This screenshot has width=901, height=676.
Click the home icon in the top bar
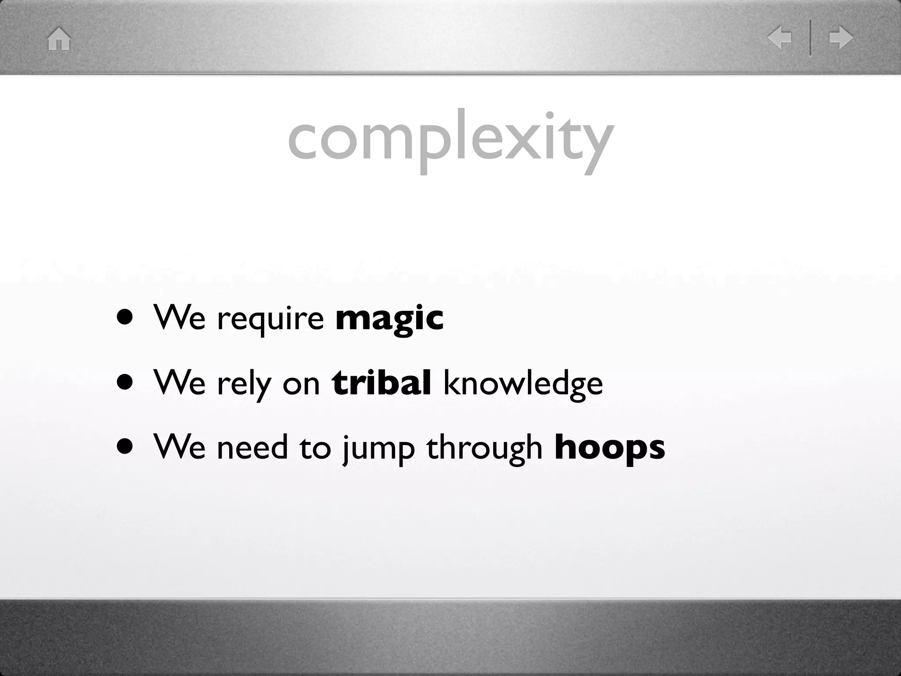pos(59,39)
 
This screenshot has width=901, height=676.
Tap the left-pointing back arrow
pos(779,38)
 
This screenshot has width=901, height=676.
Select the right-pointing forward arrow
pos(841,38)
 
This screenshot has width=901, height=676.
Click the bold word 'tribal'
pos(381,382)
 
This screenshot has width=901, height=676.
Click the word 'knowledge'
pos(523,383)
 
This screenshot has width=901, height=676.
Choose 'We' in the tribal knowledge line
pos(179,382)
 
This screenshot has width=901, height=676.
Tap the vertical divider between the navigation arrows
pos(810,38)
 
